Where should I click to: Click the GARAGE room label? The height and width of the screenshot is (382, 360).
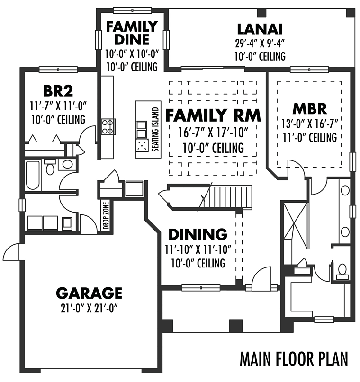89,293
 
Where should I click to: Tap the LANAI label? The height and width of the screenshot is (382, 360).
260,29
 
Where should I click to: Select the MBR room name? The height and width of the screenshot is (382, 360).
309,109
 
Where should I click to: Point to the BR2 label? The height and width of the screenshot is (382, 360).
58,91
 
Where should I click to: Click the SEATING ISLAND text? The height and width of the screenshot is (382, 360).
155,129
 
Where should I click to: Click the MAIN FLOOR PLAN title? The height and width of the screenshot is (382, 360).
294,359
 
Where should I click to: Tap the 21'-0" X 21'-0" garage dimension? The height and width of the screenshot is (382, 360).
89,309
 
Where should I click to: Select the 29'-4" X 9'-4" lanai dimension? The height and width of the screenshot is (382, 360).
260,44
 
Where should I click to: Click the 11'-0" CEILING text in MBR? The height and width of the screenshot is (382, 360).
309,137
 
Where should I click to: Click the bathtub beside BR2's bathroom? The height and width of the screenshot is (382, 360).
33,175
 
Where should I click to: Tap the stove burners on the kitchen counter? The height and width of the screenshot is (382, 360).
108,127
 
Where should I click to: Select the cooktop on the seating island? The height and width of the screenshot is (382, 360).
142,146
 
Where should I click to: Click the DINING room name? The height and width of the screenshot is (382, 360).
198,234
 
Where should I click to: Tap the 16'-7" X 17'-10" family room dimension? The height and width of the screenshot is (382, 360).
213,133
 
